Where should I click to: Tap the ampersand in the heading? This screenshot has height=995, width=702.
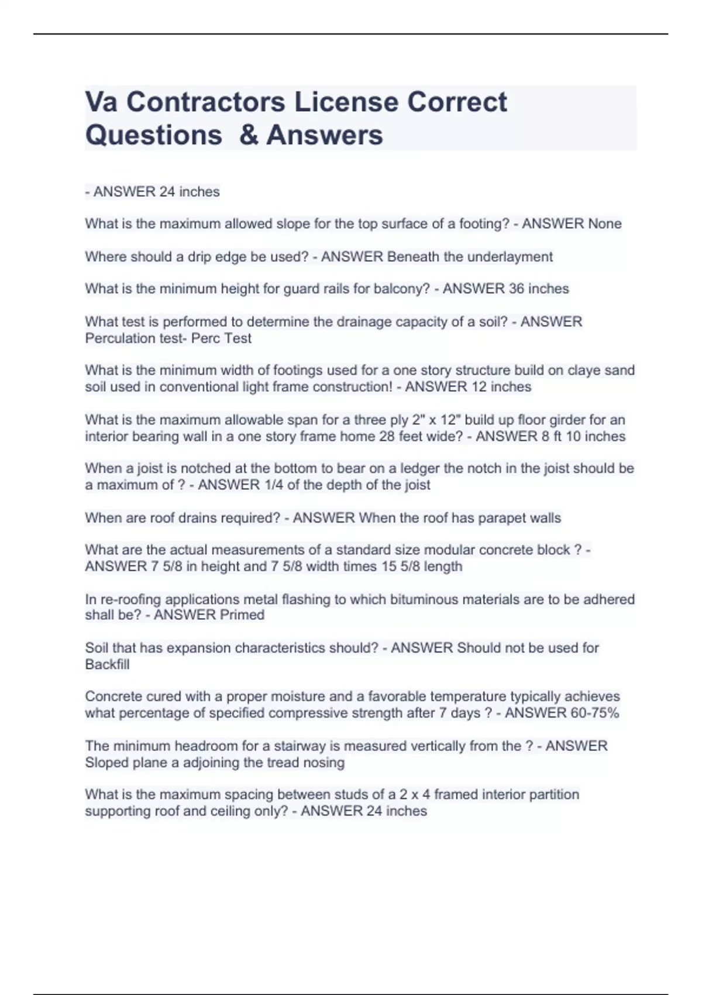coord(249,135)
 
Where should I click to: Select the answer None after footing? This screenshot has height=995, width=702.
coord(604,224)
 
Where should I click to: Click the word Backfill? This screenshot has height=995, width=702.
coord(107,664)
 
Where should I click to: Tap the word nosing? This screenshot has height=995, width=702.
coord(326,762)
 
